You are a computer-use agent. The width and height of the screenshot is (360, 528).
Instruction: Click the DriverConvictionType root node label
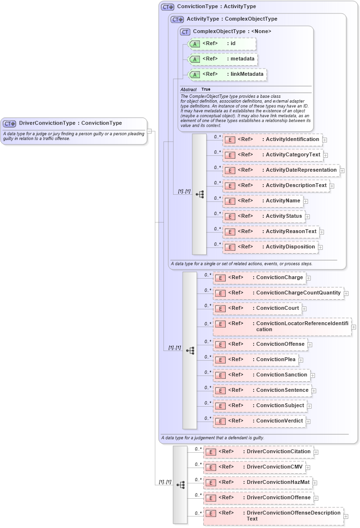pyautogui.click(x=70, y=123)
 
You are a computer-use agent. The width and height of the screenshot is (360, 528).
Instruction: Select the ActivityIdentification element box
pyautogui.click(x=272, y=140)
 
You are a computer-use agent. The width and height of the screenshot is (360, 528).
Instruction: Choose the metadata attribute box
pyautogui.click(x=223, y=59)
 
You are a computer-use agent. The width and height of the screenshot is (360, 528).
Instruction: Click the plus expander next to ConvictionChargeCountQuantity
pyautogui.click(x=346, y=293)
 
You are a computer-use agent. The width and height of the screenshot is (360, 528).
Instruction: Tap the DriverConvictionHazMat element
pyautogui.click(x=259, y=482)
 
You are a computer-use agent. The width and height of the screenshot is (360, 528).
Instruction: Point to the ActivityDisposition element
pyautogui.click(x=270, y=247)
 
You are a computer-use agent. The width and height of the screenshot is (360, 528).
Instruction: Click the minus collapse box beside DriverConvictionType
pyautogui.click(x=150, y=130)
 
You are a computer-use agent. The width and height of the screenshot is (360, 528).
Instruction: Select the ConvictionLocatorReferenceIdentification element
pyautogui.click(x=282, y=327)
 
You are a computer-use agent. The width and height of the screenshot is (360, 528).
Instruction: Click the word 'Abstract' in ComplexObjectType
pyautogui.click(x=188, y=89)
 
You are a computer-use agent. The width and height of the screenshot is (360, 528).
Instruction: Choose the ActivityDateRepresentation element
pyautogui.click(x=281, y=170)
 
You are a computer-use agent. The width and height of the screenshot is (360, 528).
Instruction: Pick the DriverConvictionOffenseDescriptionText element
pyautogui.click(x=273, y=516)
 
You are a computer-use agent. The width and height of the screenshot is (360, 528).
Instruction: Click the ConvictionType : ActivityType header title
pyautogui.click(x=216, y=7)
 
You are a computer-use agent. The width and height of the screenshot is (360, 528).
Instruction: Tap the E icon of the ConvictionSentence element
pyautogui.click(x=220, y=391)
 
